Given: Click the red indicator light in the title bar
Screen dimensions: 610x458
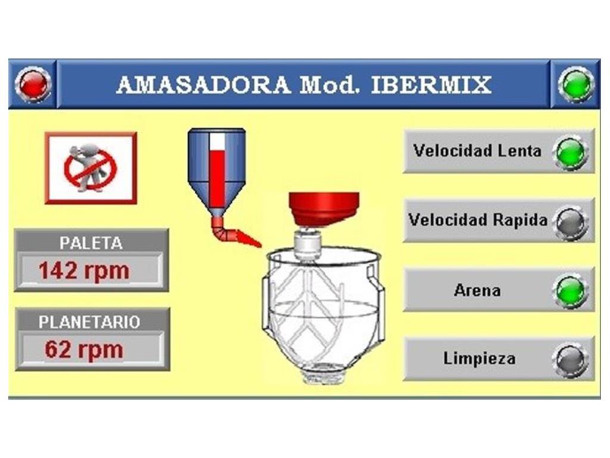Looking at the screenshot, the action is click(33, 84).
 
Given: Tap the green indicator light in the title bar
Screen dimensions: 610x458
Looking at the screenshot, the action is click(576, 85).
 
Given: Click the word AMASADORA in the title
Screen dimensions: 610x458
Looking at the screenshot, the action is click(204, 85).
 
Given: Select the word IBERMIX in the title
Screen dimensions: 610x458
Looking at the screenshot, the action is click(431, 85).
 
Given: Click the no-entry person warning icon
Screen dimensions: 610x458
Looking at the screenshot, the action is click(91, 168).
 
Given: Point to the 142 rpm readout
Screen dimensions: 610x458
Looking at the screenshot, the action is click(84, 270).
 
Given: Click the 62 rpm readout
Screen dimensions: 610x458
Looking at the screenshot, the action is click(84, 349).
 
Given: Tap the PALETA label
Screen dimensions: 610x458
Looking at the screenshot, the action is click(91, 243).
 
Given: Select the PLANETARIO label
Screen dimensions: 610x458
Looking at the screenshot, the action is click(89, 322).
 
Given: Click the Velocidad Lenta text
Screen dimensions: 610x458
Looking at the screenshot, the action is click(477, 151).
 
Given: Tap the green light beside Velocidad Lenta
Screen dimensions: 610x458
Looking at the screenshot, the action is click(571, 152).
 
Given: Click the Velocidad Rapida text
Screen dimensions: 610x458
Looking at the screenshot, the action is click(478, 220).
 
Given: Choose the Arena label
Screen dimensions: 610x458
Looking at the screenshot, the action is click(477, 290).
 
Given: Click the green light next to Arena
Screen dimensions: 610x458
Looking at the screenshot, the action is click(571, 291).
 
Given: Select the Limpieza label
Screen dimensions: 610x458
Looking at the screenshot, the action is click(480, 358).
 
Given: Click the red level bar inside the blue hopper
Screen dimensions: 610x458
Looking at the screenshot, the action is click(217, 178).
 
